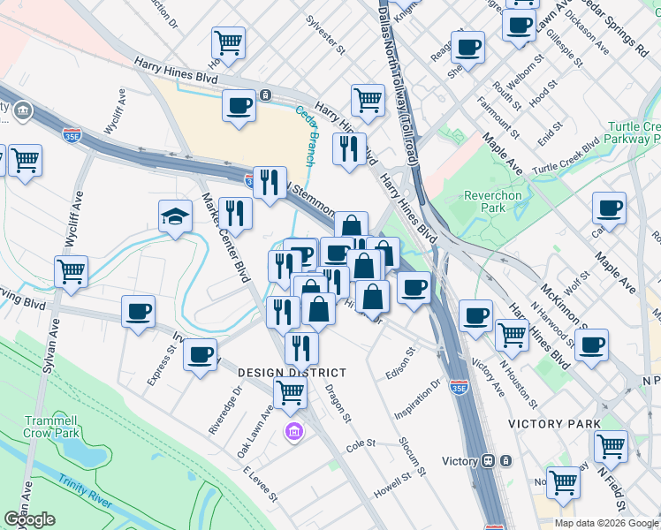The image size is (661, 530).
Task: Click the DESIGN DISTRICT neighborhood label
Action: tap(292, 373)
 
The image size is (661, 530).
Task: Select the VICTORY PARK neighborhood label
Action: tap(554, 424)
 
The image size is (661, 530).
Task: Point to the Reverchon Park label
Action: tap(485, 201)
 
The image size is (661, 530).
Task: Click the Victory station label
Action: tap(460, 461)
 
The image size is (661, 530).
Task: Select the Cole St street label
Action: tap(361, 443)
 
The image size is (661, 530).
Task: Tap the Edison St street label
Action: tap(399, 365)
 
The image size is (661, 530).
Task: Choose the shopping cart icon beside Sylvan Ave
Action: tap(71, 272)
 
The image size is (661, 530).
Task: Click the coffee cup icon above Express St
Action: tap(139, 313)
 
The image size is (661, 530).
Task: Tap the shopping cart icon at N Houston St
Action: tap(513, 336)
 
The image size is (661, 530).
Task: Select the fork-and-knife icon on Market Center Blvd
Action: tap(235, 213)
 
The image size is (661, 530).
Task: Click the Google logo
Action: tap(29, 520)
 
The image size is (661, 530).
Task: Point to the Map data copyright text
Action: tap(607, 523)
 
